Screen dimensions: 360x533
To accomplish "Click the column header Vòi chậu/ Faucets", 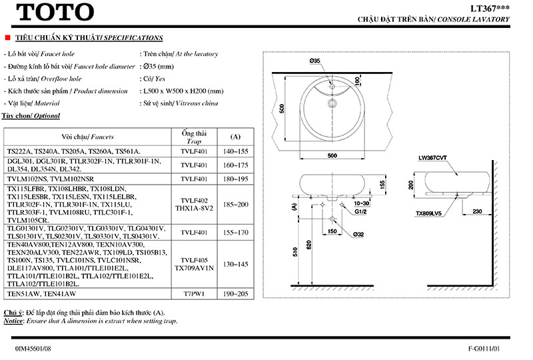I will [87, 135].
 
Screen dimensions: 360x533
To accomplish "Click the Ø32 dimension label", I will [358, 234].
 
